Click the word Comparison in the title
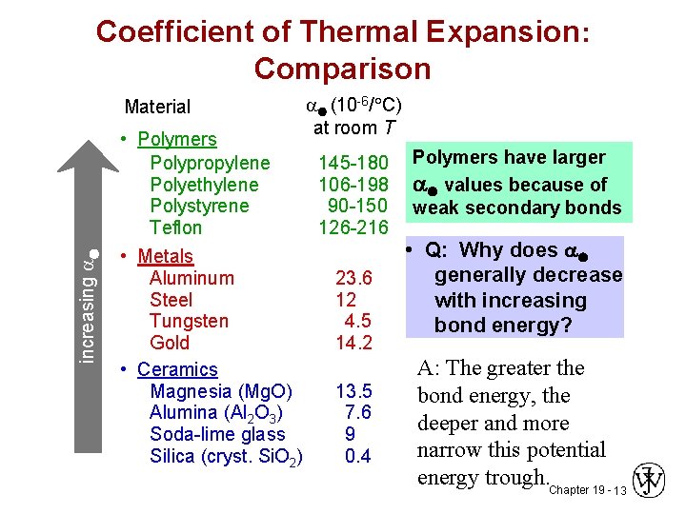tap(342, 69)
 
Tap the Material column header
tap(157, 108)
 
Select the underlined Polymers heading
tap(177, 139)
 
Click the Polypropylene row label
tap(210, 163)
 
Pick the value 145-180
tap(353, 163)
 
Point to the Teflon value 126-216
tap(353, 227)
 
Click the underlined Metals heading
tap(165, 256)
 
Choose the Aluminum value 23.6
tap(353, 279)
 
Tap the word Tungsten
tap(189, 321)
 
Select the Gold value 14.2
tap(353, 343)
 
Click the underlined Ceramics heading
tap(177, 369)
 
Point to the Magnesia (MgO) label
tap(221, 391)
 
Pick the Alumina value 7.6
tap(358, 412)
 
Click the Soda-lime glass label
tap(217, 434)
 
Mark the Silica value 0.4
tap(358, 456)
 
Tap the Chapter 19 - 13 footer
tap(588, 490)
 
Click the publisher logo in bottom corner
tap(650, 481)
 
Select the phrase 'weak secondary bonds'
tap(516, 208)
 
